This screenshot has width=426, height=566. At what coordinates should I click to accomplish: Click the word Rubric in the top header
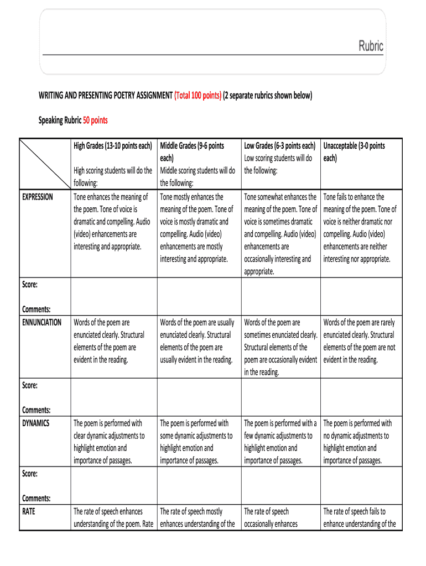371,46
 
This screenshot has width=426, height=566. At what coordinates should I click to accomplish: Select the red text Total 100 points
198,96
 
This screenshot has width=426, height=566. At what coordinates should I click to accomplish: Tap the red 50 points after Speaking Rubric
95,120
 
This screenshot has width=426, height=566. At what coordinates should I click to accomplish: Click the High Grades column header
113,146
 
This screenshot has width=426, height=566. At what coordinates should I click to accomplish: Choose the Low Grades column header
279,146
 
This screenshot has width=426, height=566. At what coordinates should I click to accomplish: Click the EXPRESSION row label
38,197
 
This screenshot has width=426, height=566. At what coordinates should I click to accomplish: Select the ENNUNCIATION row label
41,322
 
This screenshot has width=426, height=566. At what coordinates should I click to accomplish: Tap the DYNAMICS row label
36,423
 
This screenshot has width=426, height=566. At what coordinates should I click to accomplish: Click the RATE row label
29,512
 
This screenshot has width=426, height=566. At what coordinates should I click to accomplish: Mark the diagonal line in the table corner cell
45,163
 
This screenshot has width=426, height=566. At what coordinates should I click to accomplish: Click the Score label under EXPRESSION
30,285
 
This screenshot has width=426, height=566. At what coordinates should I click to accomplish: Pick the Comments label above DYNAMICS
37,410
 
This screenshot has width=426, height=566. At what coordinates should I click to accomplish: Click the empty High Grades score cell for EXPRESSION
113,296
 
